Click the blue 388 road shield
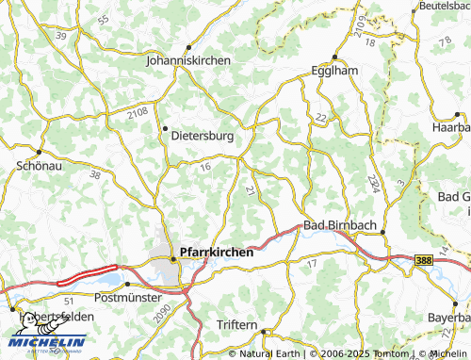[424, 258]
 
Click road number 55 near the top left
[103, 19]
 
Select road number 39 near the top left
[62, 34]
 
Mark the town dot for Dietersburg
[165, 127]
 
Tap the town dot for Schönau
[40, 150]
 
